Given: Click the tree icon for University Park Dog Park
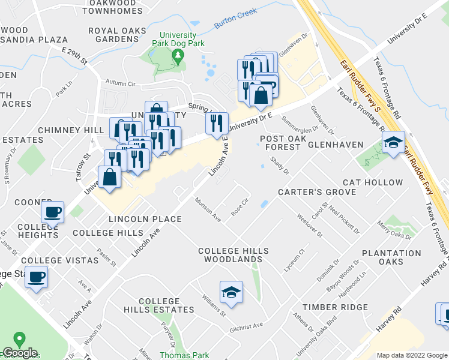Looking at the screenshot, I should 177,56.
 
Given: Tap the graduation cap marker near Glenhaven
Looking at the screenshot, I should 393,143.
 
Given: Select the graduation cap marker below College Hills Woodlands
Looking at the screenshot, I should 231,292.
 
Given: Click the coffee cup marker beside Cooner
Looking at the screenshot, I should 52,212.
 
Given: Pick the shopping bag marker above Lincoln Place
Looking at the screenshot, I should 109,177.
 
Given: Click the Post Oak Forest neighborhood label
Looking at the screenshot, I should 280,142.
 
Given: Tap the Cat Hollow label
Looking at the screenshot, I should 373,182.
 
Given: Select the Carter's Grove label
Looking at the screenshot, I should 317,192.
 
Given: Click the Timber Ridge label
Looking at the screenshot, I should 335,307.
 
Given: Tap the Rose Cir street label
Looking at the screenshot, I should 240,208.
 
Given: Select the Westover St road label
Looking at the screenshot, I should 310,226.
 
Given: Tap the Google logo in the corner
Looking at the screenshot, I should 19,353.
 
